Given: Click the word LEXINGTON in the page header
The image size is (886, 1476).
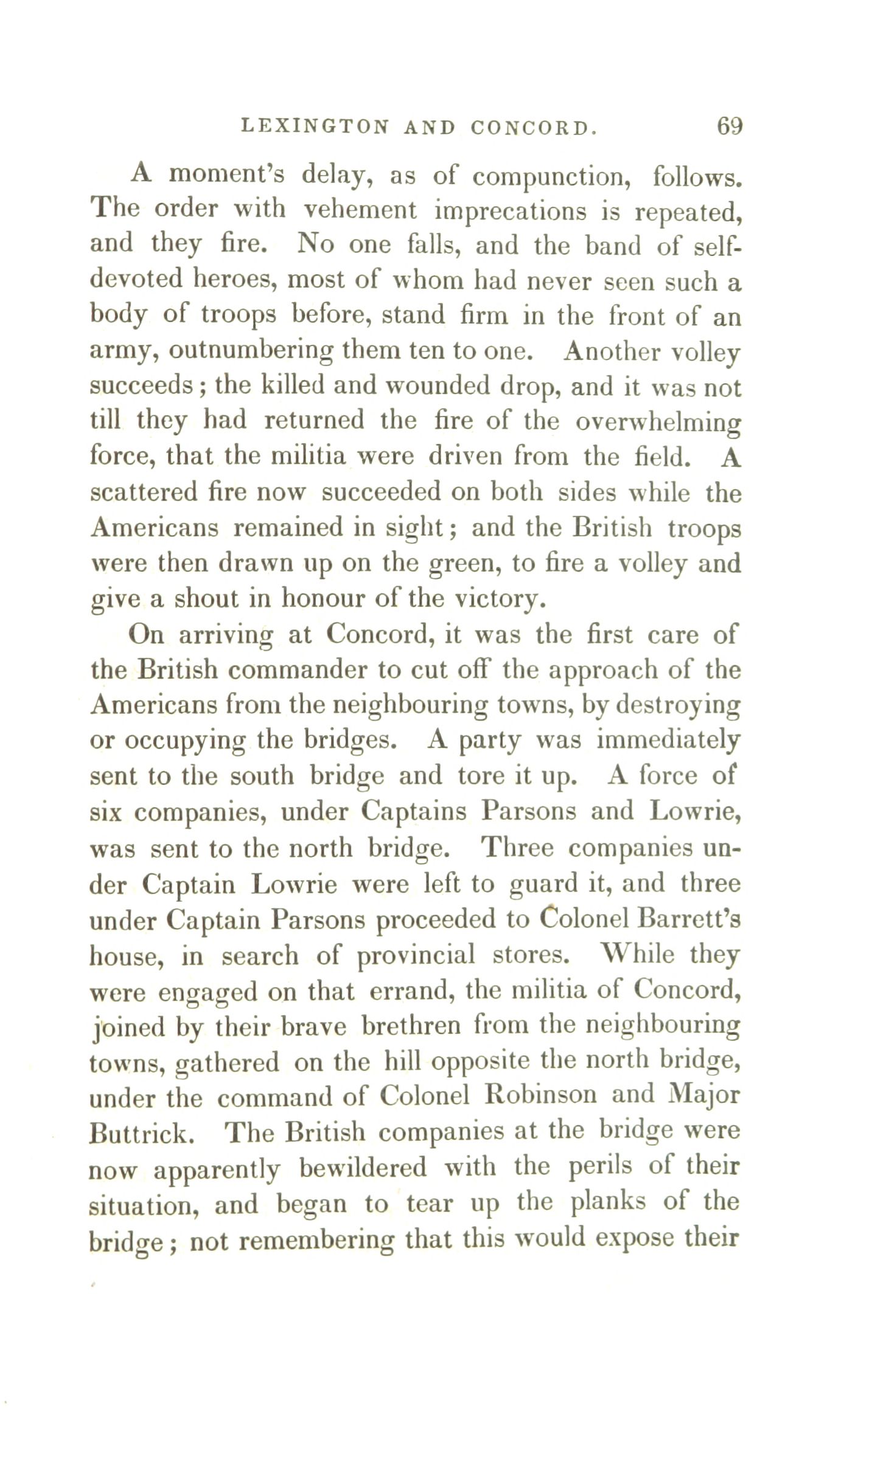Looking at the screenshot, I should click(x=315, y=126).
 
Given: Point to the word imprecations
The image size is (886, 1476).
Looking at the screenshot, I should click(x=510, y=211).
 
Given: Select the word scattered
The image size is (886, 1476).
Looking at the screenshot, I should click(x=144, y=493).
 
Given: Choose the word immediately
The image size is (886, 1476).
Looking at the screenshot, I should click(x=668, y=741).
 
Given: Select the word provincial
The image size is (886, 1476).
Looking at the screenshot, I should click(x=416, y=955).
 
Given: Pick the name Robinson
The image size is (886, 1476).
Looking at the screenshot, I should click(x=541, y=1095).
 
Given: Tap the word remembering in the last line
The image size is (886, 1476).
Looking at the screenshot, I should click(x=316, y=1239).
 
